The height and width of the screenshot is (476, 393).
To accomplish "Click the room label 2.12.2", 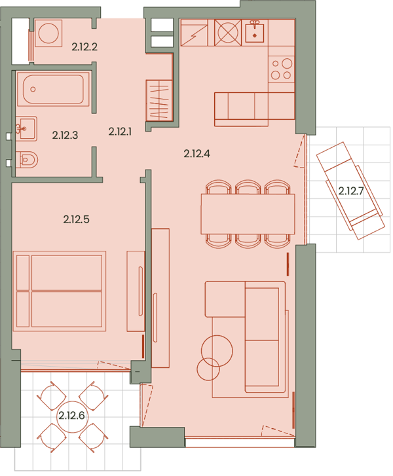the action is pos(84,46).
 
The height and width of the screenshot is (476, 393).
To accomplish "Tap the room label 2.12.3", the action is pos(65,135).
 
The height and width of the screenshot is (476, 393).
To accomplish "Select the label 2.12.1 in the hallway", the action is pos(120,132).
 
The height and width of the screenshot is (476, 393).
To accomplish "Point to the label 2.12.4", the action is pos(196,154).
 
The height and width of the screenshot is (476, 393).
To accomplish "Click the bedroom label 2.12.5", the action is pos(76,219).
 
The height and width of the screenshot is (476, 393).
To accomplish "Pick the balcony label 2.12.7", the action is pos(351,191).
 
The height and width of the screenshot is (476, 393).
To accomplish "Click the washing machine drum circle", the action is pos(48,33).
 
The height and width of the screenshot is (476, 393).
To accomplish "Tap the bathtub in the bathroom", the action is pos(53,89).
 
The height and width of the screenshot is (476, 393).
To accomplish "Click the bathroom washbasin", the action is pos(26,129).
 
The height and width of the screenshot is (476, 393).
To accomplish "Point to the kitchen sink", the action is pos(255,33).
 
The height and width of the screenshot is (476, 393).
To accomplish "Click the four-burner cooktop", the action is pos(281,69).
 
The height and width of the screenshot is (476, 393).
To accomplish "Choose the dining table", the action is pos(248,214).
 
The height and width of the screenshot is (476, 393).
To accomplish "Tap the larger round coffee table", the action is pos(217,351).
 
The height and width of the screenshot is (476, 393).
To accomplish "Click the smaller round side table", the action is pos(208,369).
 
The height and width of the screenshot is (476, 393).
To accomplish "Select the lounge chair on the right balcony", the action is pos(351,191).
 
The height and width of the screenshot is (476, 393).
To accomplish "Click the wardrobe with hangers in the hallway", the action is pos(159,101).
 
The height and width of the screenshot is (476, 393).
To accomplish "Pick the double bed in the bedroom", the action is pos(60,291).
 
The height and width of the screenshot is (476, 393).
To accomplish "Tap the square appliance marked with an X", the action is pos(228,33).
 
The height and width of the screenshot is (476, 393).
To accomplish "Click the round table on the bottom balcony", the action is pos(71,416).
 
